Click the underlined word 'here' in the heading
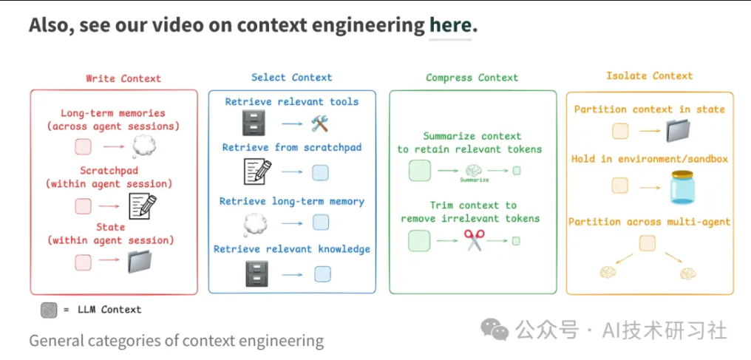(x=449, y=26)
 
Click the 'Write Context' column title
(x=123, y=78)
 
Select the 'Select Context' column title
(x=292, y=77)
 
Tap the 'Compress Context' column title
(x=472, y=78)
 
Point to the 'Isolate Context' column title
(x=650, y=75)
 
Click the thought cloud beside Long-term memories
(x=143, y=146)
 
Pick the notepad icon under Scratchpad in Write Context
(x=143, y=206)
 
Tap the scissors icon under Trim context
(x=473, y=240)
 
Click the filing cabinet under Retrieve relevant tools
(x=255, y=123)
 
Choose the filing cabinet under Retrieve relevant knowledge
(x=255, y=274)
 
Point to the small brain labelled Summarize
(x=473, y=171)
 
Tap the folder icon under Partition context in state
(x=677, y=132)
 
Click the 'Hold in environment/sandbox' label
(x=650, y=159)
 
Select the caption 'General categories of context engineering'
(x=177, y=341)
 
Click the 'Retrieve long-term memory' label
(x=292, y=201)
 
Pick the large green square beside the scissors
(x=419, y=240)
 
